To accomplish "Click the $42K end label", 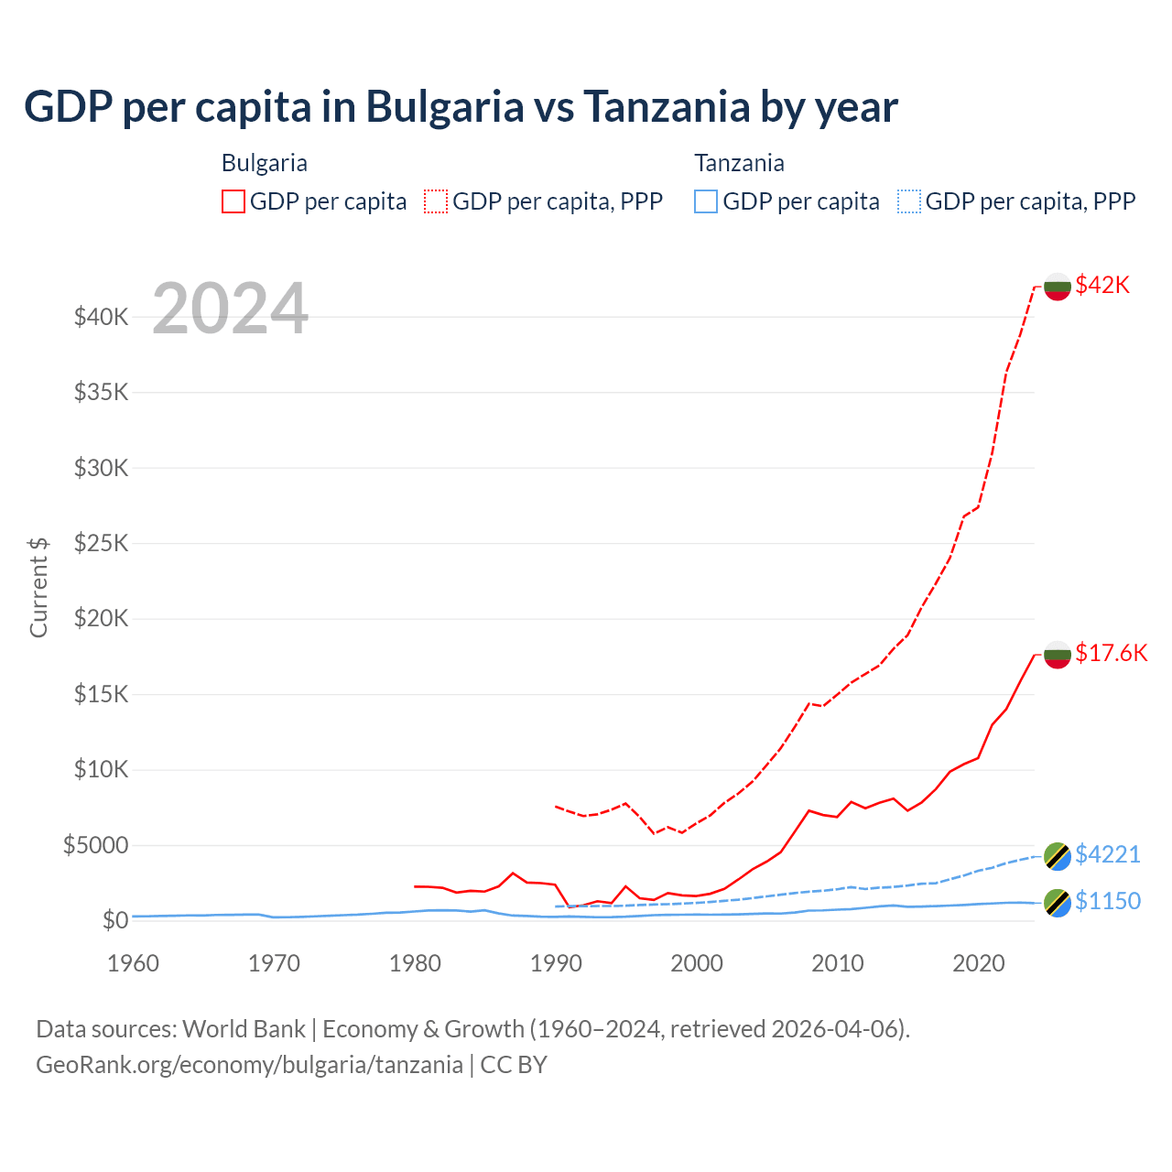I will [1102, 285].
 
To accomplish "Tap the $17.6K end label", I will [1111, 653].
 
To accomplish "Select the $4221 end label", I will [1107, 854].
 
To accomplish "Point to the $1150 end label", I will [1107, 901].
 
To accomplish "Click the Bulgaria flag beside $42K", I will [1058, 287].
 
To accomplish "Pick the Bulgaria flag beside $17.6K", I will [1058, 654].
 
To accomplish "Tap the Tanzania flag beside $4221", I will [1058, 856].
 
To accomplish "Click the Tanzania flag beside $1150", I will [1058, 902].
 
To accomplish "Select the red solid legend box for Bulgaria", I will [233, 201].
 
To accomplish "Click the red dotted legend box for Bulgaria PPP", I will [436, 201].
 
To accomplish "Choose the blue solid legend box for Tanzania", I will [706, 201].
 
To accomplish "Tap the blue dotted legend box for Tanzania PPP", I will [909, 201].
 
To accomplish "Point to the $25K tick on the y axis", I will [101, 544].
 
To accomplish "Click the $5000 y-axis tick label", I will [95, 845].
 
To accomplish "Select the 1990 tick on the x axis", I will [556, 963].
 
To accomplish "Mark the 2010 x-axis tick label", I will [838, 963].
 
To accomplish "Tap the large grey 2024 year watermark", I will [230, 309].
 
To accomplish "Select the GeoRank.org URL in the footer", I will [249, 1065].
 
